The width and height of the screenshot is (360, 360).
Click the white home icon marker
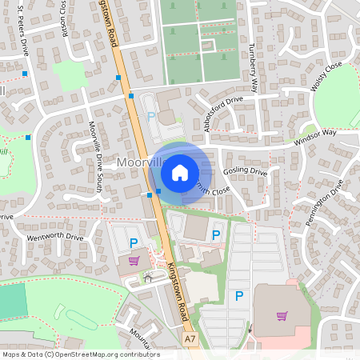click(x=180, y=172)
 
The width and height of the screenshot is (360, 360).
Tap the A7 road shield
click(x=190, y=339)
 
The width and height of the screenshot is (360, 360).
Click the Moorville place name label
click(x=132, y=162)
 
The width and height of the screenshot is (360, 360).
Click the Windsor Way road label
click(x=315, y=136)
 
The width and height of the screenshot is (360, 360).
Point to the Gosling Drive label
click(x=246, y=171)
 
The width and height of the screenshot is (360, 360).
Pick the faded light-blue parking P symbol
click(x=151, y=117)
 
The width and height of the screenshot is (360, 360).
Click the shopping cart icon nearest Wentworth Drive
click(x=134, y=260)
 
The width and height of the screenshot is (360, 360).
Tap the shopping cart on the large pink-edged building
click(x=282, y=315)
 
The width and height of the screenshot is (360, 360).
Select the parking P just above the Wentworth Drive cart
click(x=134, y=242)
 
